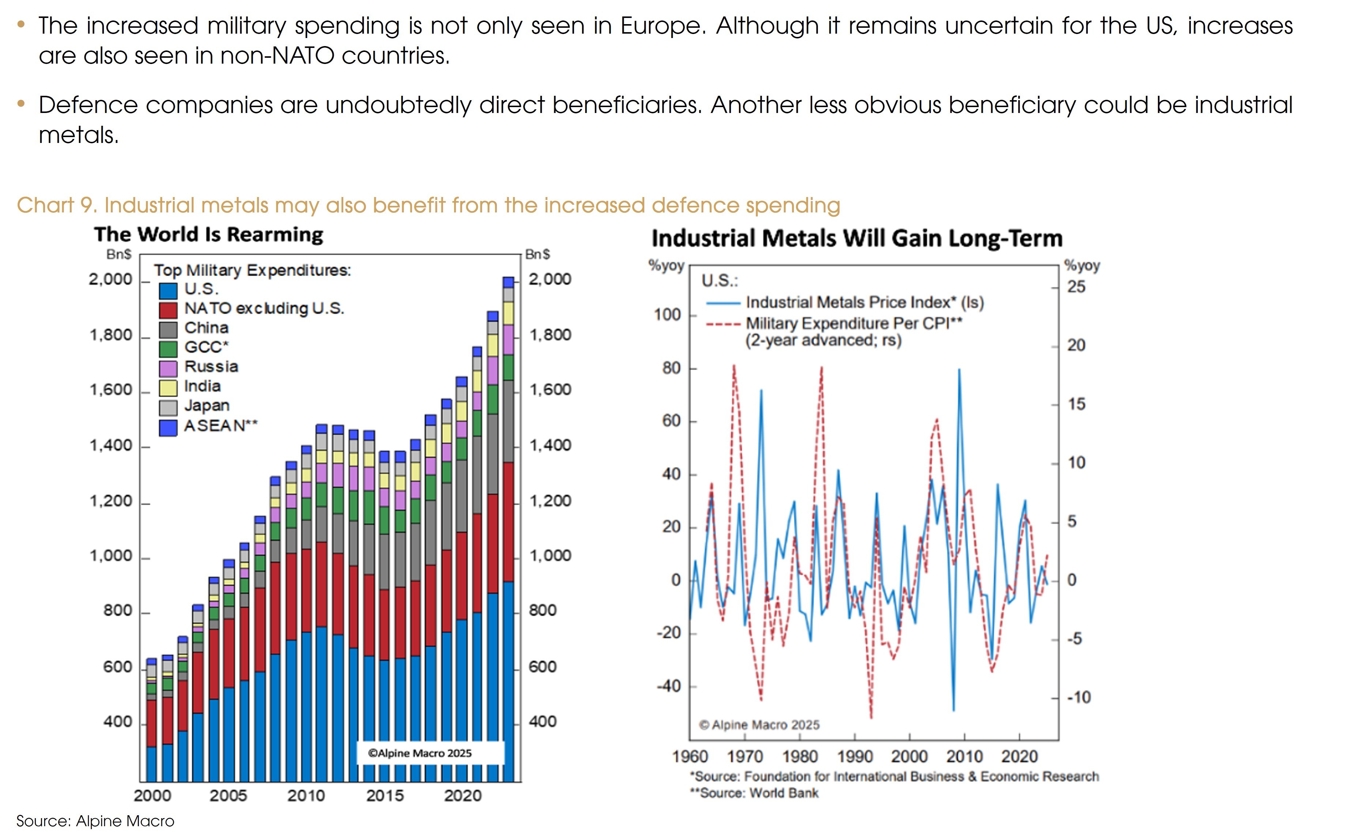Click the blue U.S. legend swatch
[x=168, y=291]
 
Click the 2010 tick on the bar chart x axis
[x=306, y=796]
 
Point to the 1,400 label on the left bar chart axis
[x=111, y=446]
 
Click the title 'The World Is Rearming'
[x=209, y=235]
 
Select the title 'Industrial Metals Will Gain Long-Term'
[x=857, y=239]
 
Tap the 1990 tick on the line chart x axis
[x=854, y=756]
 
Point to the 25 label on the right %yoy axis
[x=1076, y=287]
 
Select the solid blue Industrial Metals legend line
[x=723, y=303]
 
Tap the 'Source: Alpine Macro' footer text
[x=95, y=821]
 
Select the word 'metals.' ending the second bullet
[x=79, y=135]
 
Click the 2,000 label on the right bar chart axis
[x=549, y=279]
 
